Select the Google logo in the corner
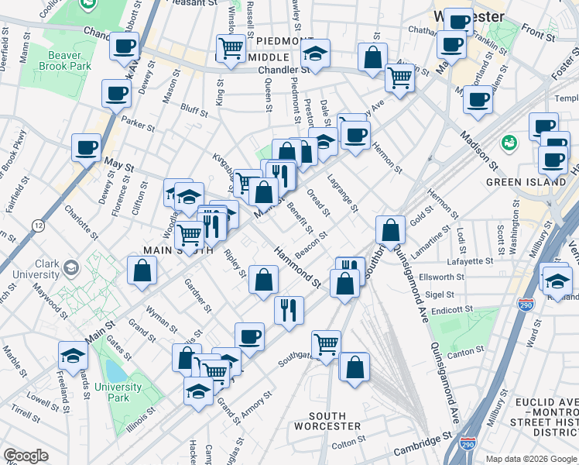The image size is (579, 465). [26, 456]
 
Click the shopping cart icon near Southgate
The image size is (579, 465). [327, 342]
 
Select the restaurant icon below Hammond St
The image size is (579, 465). [289, 309]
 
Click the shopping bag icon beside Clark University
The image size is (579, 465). [142, 269]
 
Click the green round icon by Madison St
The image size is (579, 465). [509, 142]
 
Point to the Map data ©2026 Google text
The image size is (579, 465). [531, 459]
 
